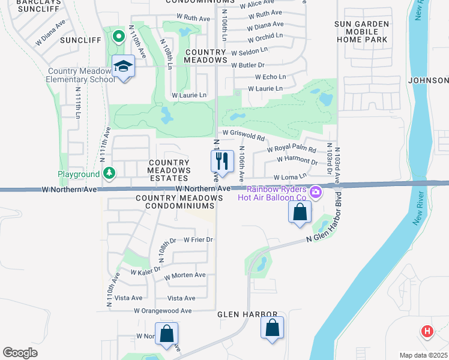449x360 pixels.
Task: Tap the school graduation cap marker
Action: (x=124, y=67)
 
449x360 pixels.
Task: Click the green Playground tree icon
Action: (x=109, y=174)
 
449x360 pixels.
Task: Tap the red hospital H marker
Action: (x=427, y=331)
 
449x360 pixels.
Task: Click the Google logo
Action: (x=20, y=353)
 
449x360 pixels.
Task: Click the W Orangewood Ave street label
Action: (x=162, y=311)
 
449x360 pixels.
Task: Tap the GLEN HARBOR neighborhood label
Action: (x=247, y=314)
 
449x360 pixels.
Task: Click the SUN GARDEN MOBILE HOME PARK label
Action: (x=362, y=32)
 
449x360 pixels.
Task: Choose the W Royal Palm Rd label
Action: (x=291, y=149)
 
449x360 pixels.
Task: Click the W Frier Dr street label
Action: (x=198, y=239)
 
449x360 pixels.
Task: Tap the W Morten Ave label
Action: (x=184, y=275)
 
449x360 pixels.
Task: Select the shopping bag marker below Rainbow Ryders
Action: (x=300, y=212)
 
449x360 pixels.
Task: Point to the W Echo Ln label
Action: (x=269, y=77)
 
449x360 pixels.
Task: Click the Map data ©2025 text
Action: (x=423, y=355)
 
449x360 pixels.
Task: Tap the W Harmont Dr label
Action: (x=297, y=161)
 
